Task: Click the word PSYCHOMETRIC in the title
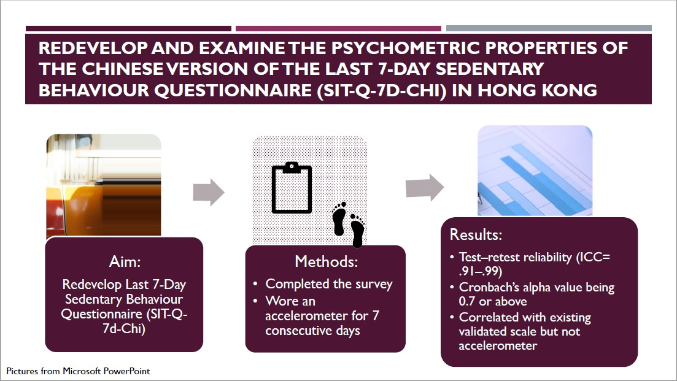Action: (406, 48)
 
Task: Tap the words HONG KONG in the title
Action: (537, 90)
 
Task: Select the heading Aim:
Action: (125, 261)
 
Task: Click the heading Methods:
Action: (326, 261)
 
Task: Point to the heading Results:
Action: (476, 234)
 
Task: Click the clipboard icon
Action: (292, 188)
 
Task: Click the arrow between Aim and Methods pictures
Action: (209, 191)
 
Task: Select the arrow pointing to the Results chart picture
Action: (425, 187)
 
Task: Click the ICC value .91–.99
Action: (481, 271)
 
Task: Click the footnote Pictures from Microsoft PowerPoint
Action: (78, 371)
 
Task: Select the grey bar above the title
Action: (549, 28)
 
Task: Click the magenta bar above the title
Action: (339, 28)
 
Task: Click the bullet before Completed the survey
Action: (255, 284)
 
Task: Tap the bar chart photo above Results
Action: (535, 171)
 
